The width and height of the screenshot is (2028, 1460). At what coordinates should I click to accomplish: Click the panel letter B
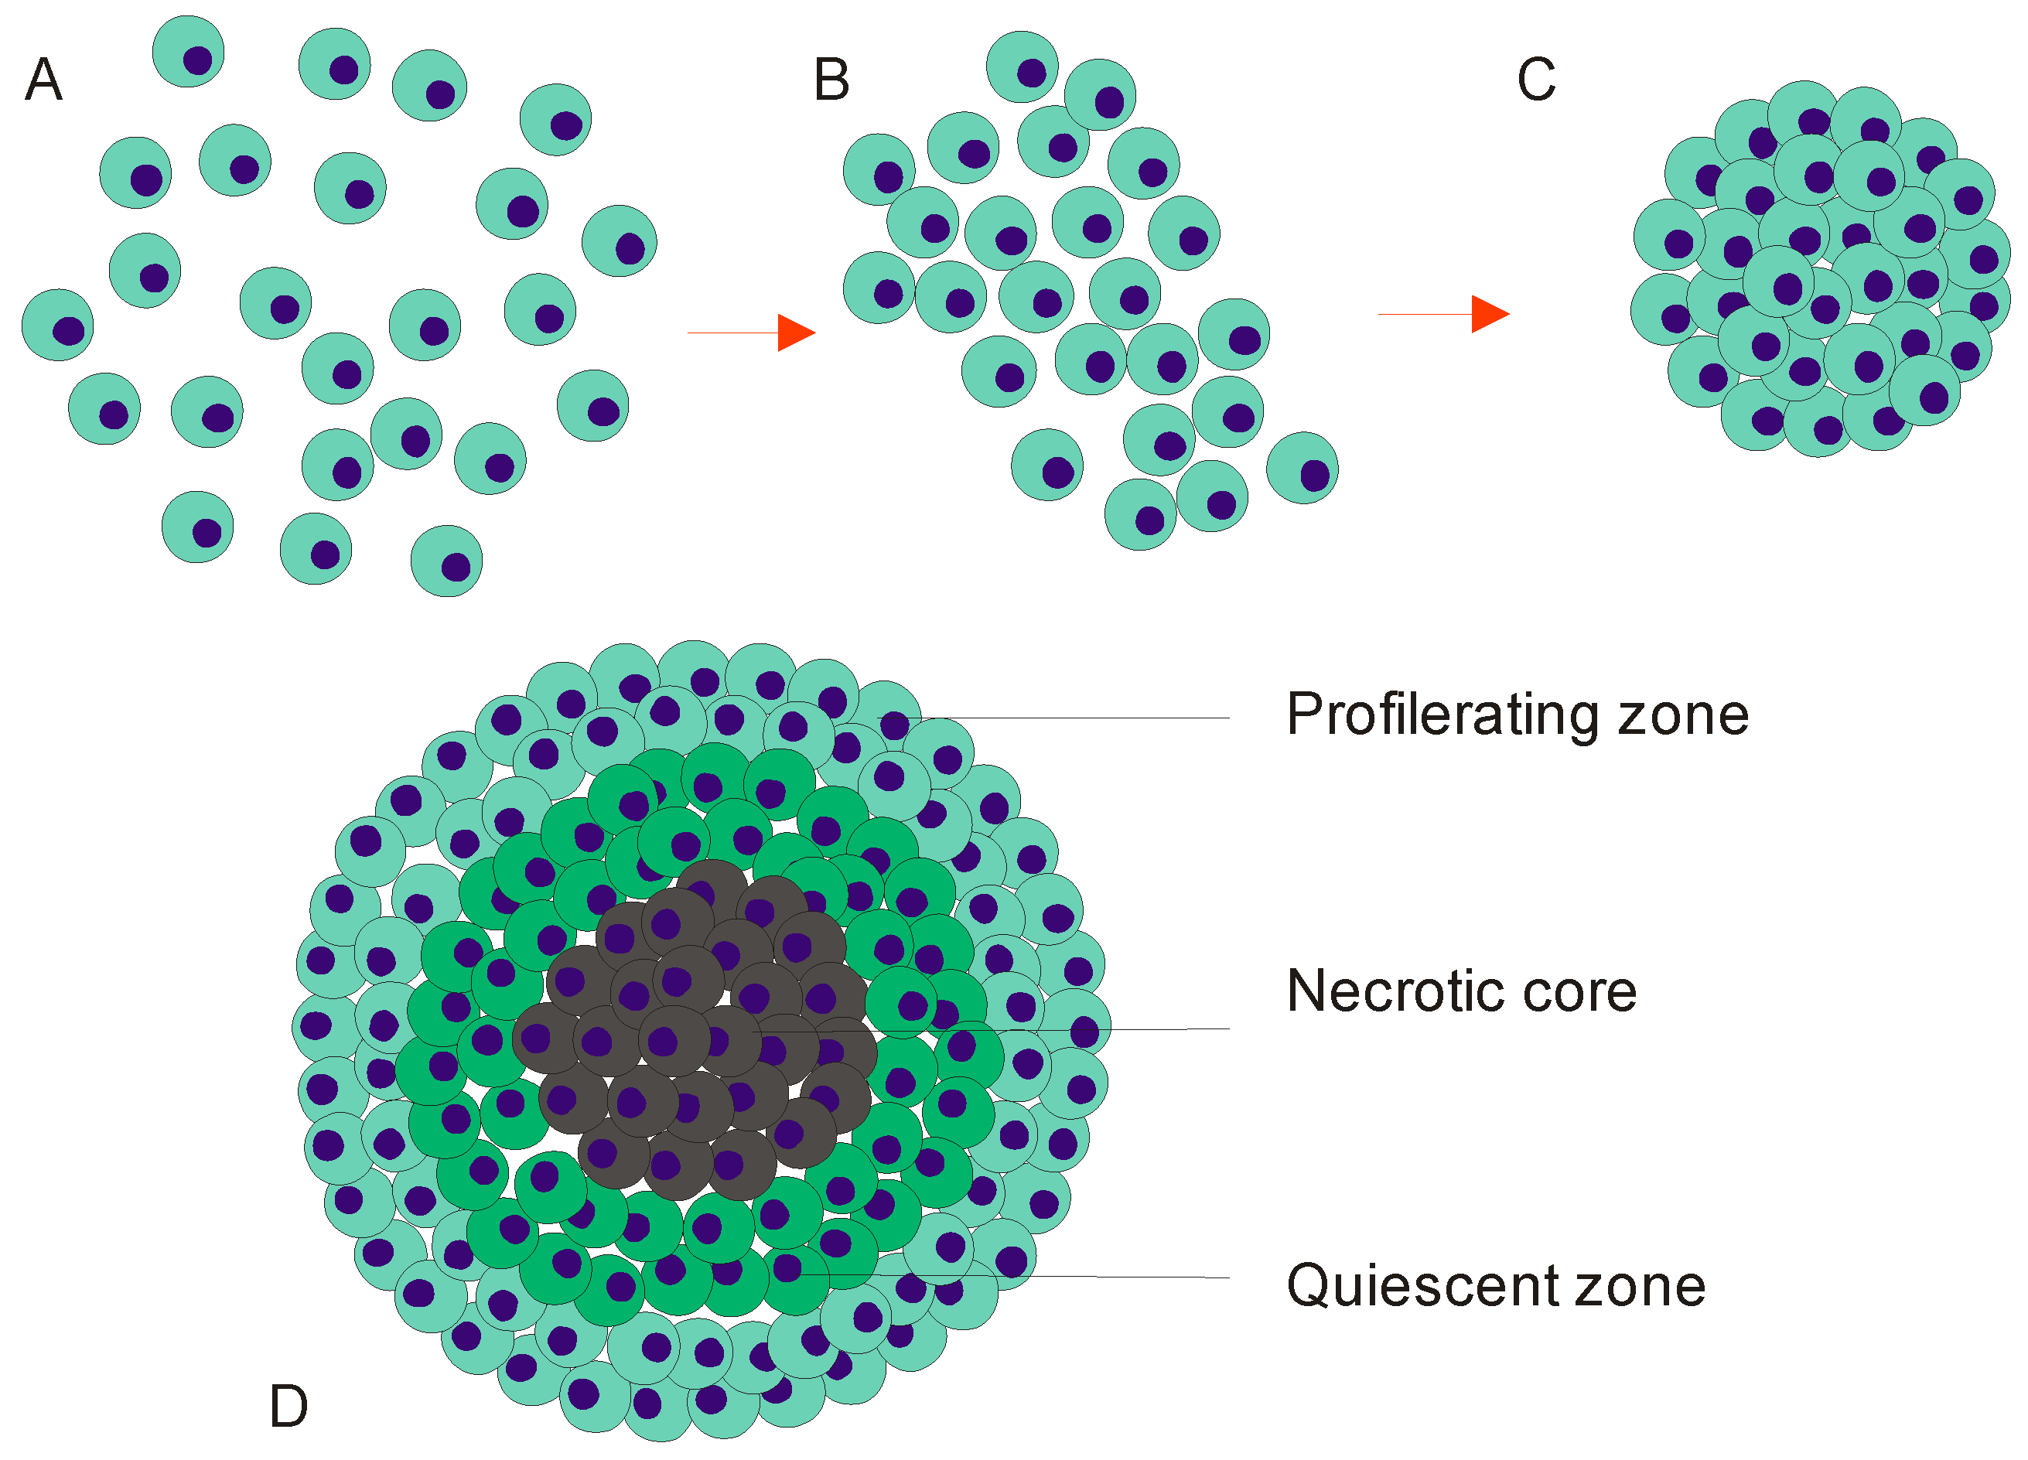[x=831, y=80]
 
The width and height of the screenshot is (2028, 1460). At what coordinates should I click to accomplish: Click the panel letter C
[x=1536, y=80]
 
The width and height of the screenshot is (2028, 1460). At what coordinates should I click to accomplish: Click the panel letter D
[x=288, y=1407]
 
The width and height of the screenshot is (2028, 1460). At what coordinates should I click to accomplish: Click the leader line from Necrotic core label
[x=1073, y=1030]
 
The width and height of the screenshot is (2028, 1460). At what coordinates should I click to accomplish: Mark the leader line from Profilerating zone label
[x=1073, y=718]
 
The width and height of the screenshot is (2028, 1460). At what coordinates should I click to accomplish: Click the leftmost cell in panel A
[x=58, y=325]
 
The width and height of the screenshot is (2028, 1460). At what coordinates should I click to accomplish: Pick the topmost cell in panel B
[x=1022, y=67]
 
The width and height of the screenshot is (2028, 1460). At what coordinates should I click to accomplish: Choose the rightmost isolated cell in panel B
[x=1302, y=468]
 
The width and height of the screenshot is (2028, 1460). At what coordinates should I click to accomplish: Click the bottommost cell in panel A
[x=446, y=561]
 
